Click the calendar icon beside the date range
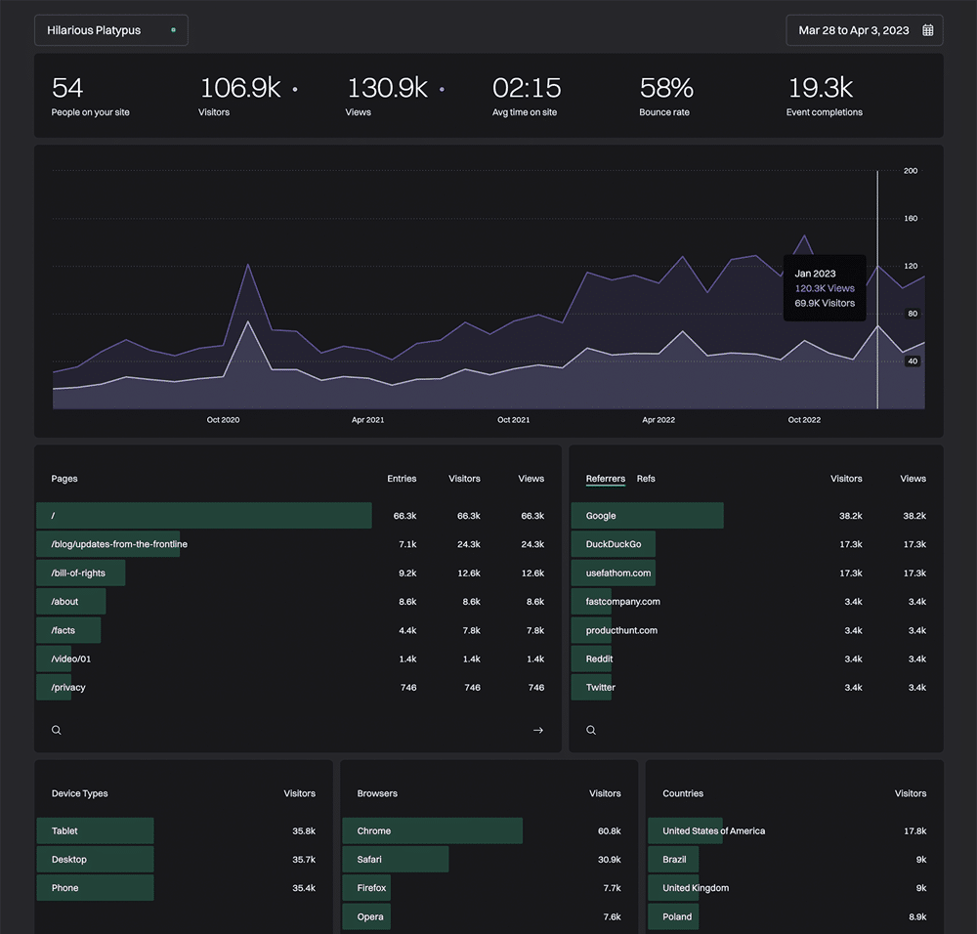pyautogui.click(x=928, y=30)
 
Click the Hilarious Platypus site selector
pyautogui.click(x=110, y=30)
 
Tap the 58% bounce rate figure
pyautogui.click(x=666, y=88)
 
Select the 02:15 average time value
pyautogui.click(x=527, y=88)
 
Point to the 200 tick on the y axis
pyautogui.click(x=911, y=171)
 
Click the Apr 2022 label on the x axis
pyautogui.click(x=658, y=420)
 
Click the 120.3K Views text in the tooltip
pyautogui.click(x=825, y=288)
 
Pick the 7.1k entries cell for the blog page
pyautogui.click(x=407, y=544)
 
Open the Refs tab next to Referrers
pyautogui.click(x=646, y=479)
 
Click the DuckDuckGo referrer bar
pyautogui.click(x=614, y=544)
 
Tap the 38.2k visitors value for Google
pyautogui.click(x=850, y=516)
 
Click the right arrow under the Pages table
pyautogui.click(x=537, y=730)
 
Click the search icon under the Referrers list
pyautogui.click(x=591, y=730)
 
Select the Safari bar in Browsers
pyautogui.click(x=396, y=860)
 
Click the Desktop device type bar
pyautogui.click(x=95, y=860)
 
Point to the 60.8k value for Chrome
pyautogui.click(x=609, y=831)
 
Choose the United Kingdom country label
pyautogui.click(x=696, y=888)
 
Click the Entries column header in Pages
pyautogui.click(x=402, y=479)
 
